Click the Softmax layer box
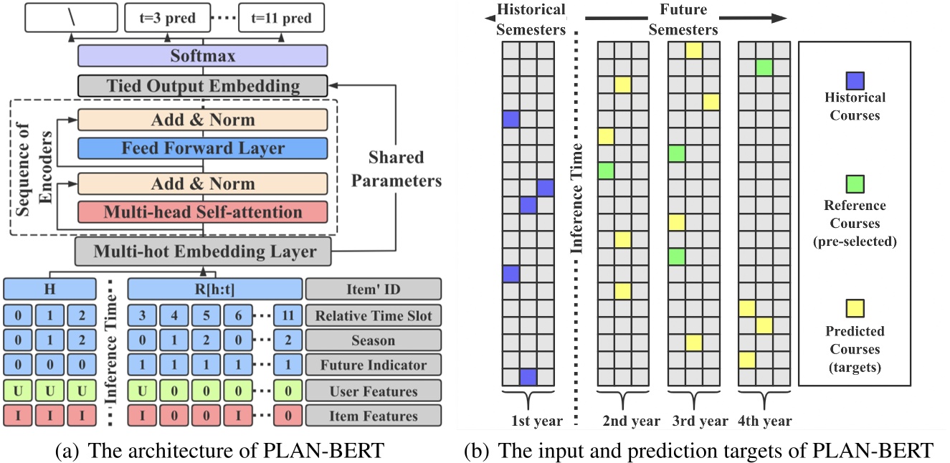202,55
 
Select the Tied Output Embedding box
202,87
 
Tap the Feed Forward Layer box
202,149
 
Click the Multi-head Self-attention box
202,212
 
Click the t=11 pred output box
281,16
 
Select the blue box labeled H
49,289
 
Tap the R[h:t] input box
214,289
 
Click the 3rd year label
700,421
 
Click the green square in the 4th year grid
764,67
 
